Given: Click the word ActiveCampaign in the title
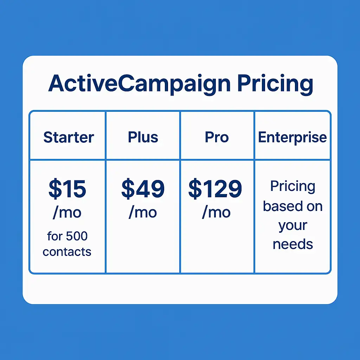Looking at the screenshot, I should pos(139,84).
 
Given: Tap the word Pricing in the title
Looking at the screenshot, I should pos(275,84).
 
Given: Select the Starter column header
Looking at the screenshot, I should pos(69,137).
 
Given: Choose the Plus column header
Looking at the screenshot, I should pos(143,137).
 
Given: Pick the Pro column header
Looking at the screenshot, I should pos(217,137).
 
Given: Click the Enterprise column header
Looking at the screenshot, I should pos(292,137).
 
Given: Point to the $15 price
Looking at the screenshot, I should pos(67,189).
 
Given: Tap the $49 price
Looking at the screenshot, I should pos(143,189).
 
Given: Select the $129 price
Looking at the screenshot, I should pos(215,189).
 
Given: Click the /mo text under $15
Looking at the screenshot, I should pos(67,213).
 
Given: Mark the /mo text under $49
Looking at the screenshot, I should pos(143,212).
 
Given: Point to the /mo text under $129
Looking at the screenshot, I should pos(216,212).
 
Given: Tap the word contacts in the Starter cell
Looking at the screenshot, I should pos(67,252).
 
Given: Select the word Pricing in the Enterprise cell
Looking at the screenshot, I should pos(292,187).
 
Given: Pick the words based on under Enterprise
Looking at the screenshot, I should pos(292,206).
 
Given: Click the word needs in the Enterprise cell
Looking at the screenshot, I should pos(292,244).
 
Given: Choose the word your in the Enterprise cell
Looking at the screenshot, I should pos(292,225).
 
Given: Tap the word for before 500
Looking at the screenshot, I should pos(54,236).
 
